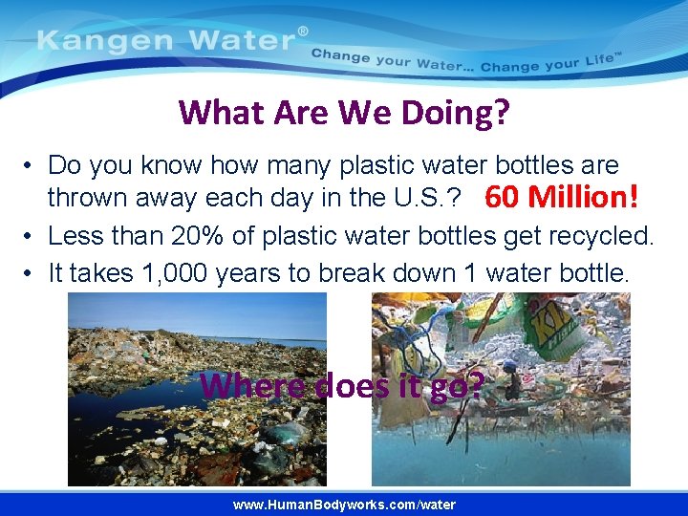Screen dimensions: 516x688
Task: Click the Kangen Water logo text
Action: (168, 41)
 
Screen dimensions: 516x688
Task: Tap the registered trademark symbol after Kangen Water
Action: (304, 32)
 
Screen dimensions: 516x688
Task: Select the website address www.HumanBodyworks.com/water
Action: (344, 505)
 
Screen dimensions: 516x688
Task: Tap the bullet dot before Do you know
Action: (32, 165)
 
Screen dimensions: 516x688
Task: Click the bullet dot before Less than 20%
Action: (32, 236)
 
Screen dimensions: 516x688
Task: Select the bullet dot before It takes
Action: (32, 274)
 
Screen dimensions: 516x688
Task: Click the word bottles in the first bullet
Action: (535, 165)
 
